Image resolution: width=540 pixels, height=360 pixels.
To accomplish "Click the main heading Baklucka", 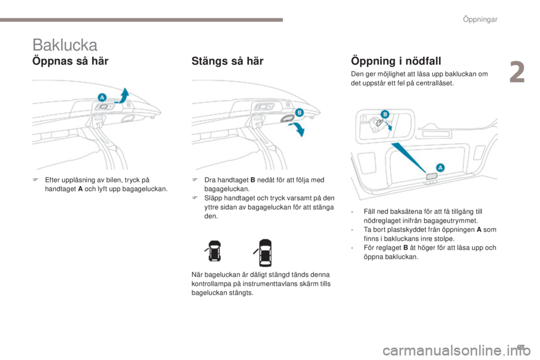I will (65, 44).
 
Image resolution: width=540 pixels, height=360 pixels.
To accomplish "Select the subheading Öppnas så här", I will (70, 60).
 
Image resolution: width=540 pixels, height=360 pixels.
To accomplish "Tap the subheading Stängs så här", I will (227, 60).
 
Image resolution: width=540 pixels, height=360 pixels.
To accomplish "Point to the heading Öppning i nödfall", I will (395, 60).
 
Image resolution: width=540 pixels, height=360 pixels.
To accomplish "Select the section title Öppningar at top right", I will (481, 20).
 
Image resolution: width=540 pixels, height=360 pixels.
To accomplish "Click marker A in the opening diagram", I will (102, 97).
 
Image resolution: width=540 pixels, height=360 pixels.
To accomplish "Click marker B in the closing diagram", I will (299, 112).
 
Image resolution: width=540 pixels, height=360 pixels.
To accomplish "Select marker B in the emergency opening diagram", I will (386, 114).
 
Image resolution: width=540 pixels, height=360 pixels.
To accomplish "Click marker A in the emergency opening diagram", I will (440, 167).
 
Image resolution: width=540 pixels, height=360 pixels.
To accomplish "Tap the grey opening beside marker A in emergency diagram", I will (431, 176).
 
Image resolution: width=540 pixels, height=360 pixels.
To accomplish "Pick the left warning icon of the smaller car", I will (214, 253).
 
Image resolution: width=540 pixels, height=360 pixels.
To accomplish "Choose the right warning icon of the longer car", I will (264, 253).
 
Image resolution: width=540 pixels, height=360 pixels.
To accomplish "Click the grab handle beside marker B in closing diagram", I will (285, 118).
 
